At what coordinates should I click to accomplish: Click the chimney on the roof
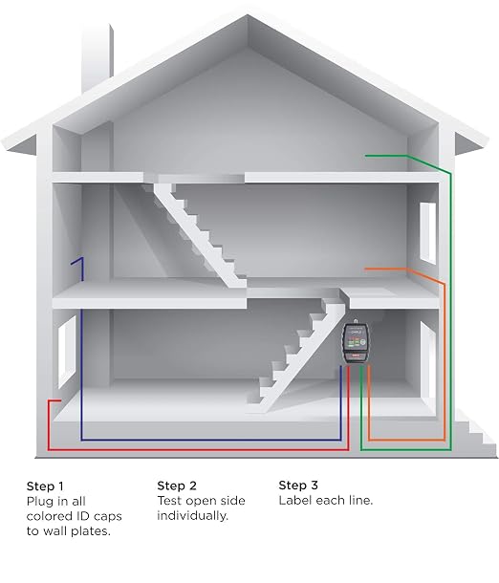coord(98,55)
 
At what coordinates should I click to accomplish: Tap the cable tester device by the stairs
coord(356,342)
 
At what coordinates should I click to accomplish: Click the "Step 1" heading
coord(45,486)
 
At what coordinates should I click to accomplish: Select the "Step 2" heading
coord(177,486)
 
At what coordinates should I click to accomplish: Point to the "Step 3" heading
coord(298,485)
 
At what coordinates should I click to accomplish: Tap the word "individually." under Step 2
coord(192,516)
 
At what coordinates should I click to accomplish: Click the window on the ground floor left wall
coord(67,352)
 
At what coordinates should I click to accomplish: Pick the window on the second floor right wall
coord(427,233)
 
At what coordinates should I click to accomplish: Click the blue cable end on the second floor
coord(72,263)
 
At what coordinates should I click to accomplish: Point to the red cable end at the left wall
coord(60,400)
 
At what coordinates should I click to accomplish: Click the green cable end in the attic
coord(366,156)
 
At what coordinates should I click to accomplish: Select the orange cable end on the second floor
coord(365,269)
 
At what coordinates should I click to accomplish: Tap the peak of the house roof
coord(248,15)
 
